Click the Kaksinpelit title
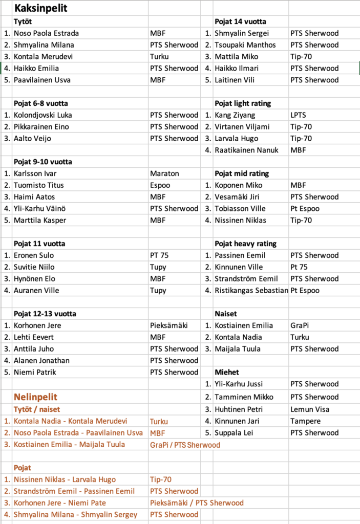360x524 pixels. tap(40, 8)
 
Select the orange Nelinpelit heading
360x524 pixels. tap(35, 397)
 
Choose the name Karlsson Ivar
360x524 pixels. tap(35, 173)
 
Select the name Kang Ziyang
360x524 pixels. tap(235, 115)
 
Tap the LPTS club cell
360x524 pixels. tap(300, 115)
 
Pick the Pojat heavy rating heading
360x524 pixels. tap(245, 244)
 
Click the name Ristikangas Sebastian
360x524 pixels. tap(251, 291)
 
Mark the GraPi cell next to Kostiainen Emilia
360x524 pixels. tap(300, 325)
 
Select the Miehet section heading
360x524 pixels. tap(227, 372)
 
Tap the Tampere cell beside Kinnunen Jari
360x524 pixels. tap(305, 421)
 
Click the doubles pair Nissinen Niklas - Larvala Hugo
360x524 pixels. tap(65, 479)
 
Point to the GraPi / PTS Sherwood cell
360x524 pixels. tap(185, 445)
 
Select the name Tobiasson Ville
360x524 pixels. tap(240, 209)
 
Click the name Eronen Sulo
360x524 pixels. tap(34, 255)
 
